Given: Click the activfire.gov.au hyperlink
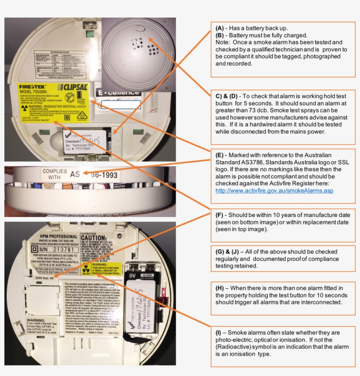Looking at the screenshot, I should pos(274,191).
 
